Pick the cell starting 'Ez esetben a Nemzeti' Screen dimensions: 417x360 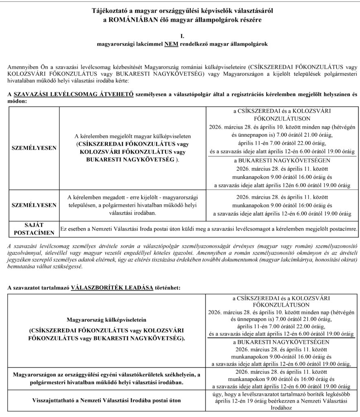[208, 228]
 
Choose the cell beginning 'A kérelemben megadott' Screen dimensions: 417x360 [132, 205]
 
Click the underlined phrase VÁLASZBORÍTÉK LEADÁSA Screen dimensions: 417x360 [112, 288]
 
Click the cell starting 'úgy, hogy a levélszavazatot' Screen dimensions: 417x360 [282, 401]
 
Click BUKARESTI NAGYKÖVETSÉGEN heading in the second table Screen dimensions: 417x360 [282, 342]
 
